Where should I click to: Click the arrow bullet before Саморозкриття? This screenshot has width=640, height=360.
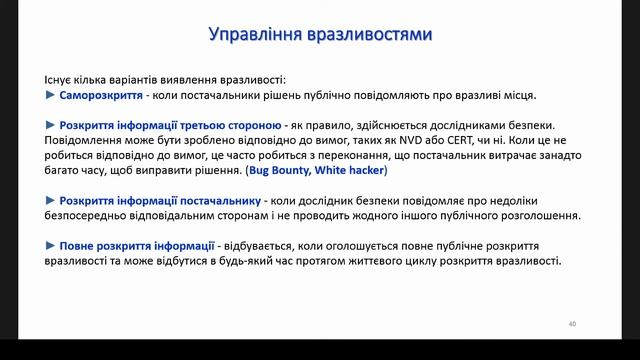coord(51,96)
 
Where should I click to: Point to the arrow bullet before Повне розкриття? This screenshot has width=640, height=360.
coord(51,246)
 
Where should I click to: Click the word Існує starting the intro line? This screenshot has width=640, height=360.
coord(61,79)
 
